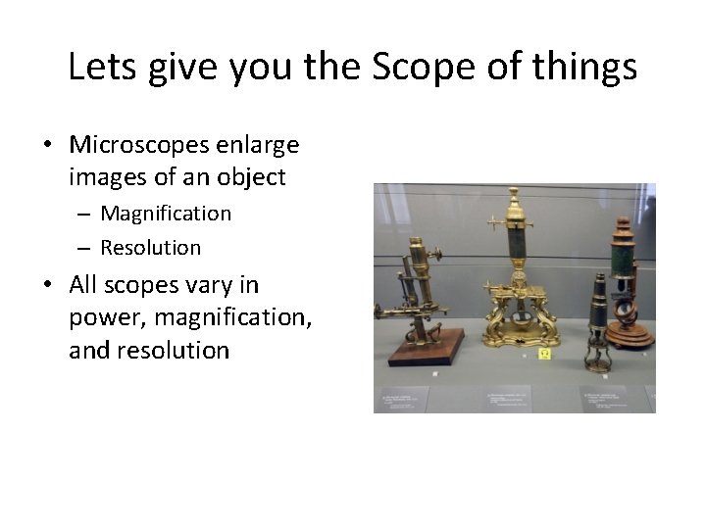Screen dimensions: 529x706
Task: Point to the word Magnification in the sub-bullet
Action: (166, 214)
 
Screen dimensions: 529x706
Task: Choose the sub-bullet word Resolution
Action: (150, 248)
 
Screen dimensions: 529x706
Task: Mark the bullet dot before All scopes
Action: (47, 286)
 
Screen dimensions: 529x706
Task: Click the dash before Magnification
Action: (86, 214)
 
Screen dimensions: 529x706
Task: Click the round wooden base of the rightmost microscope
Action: (629, 336)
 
